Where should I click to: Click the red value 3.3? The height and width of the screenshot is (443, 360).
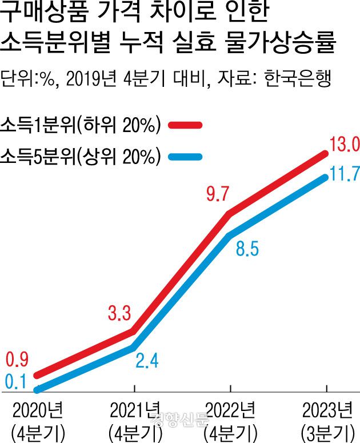point(120,313)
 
